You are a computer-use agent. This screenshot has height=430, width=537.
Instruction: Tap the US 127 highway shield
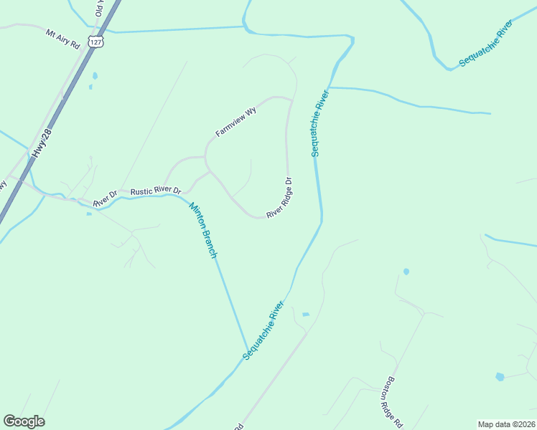click(x=97, y=42)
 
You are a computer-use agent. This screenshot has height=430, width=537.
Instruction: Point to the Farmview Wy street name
click(x=236, y=123)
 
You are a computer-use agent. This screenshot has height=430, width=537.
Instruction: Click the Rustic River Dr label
click(x=156, y=191)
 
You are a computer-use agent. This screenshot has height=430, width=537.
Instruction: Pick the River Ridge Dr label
click(x=279, y=198)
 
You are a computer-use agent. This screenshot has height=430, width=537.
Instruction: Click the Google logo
click(x=24, y=421)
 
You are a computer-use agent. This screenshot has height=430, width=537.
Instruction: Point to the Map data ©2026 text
click(x=507, y=424)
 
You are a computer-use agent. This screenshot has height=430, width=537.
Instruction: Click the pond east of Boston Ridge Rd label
click(x=500, y=376)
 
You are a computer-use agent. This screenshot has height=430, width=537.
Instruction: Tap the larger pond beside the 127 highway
click(x=95, y=75)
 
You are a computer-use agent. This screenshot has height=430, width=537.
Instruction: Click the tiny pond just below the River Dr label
click(x=88, y=213)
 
